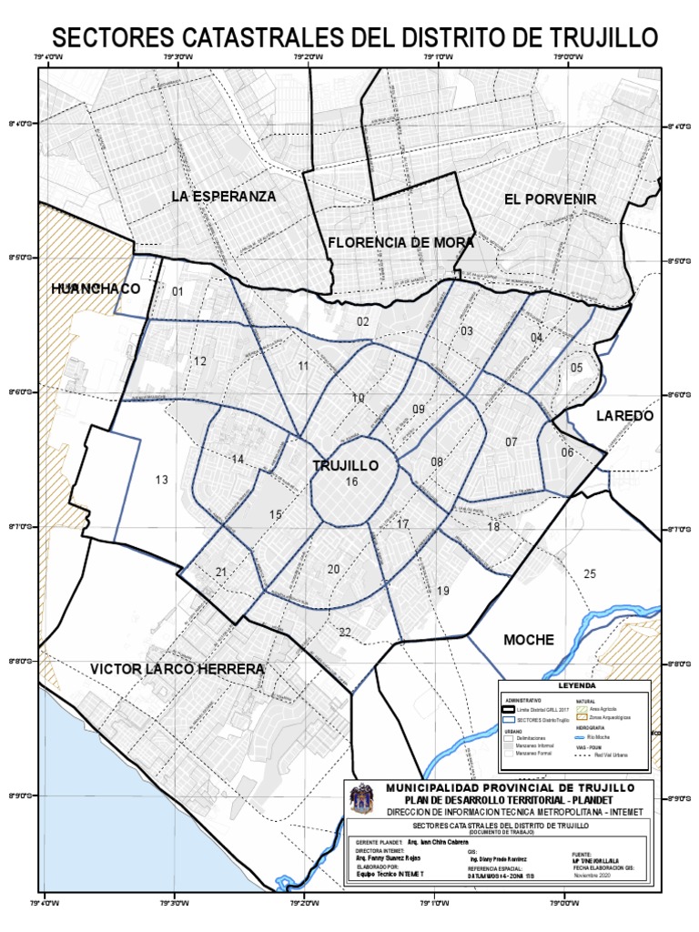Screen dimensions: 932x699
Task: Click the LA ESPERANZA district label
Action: (x=223, y=196)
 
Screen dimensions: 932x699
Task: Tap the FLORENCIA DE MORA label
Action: (x=400, y=242)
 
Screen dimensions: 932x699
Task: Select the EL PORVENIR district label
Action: (x=550, y=198)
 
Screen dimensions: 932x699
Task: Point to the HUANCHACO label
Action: (x=96, y=289)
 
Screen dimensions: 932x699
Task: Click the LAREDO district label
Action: (x=624, y=415)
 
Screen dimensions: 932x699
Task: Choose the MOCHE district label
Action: (x=529, y=640)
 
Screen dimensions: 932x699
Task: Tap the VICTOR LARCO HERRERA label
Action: (x=177, y=669)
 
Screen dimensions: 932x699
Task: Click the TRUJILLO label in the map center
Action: (x=345, y=465)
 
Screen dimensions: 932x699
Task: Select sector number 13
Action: (x=161, y=480)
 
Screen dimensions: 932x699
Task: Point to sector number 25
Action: (x=590, y=573)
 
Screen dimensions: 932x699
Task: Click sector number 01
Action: (x=177, y=291)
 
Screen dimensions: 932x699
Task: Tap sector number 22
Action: (x=344, y=633)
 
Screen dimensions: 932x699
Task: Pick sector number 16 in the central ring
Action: (x=351, y=481)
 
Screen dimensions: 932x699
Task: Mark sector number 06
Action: (x=567, y=452)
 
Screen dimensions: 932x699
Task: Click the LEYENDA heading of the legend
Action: (x=576, y=685)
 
